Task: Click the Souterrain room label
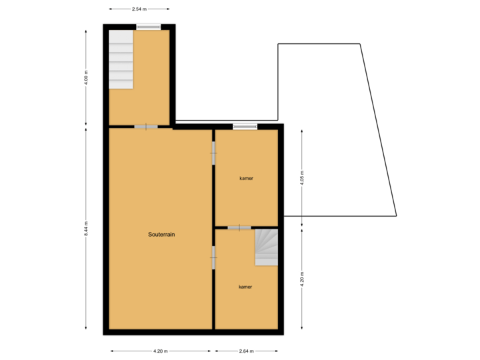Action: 161,235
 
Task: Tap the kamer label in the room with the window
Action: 247,179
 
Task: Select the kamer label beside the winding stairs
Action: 245,287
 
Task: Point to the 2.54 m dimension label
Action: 139,9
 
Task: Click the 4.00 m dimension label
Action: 86,77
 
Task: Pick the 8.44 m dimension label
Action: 86,229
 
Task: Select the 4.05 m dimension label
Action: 302,178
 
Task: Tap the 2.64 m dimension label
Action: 246,351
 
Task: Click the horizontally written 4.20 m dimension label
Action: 161,351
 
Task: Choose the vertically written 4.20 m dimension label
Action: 302,277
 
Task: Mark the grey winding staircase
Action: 267,247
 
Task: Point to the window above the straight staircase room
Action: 148,27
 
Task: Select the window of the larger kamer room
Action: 245,126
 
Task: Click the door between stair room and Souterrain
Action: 146,127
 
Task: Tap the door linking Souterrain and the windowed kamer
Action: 213,153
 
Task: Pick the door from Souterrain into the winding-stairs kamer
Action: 213,257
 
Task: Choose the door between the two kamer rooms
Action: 239,228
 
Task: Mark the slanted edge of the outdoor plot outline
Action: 379,130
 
